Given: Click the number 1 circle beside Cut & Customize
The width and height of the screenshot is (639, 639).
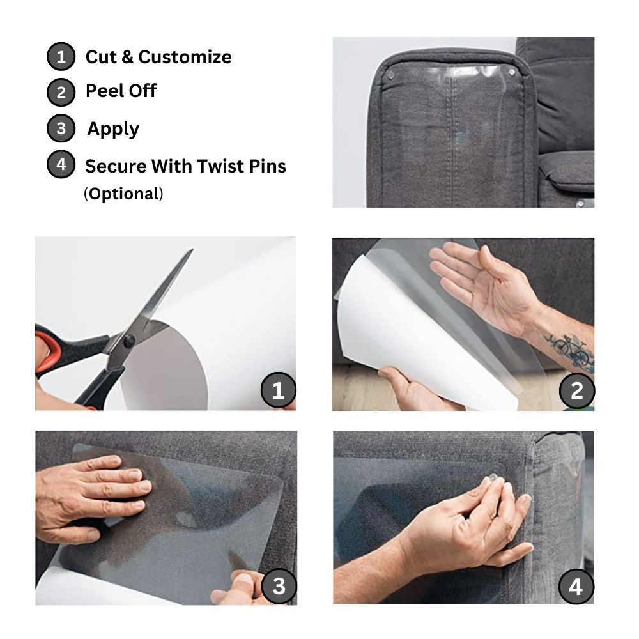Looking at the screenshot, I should [61, 57].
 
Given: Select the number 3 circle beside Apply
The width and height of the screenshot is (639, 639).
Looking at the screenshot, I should [61, 128].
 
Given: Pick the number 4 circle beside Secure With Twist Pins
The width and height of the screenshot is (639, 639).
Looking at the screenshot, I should [61, 164].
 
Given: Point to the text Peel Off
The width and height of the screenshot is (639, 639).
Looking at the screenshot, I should [121, 91].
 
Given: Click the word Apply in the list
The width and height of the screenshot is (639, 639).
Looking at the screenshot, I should [113, 128].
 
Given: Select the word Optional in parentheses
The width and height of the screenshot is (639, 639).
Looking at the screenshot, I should [123, 194].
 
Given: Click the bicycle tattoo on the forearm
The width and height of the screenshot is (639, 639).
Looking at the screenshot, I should [571, 348].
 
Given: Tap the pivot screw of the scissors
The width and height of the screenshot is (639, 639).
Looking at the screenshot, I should [129, 341].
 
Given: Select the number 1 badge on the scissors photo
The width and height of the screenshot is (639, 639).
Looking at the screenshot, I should [278, 390].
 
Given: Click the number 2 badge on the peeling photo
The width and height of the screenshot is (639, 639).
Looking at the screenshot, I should [576, 390].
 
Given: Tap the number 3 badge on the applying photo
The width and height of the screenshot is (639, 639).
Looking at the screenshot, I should [278, 585].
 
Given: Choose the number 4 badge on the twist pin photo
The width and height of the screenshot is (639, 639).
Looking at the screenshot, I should [576, 585].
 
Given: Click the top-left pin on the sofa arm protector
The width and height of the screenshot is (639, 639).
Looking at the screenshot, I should [391, 75].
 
